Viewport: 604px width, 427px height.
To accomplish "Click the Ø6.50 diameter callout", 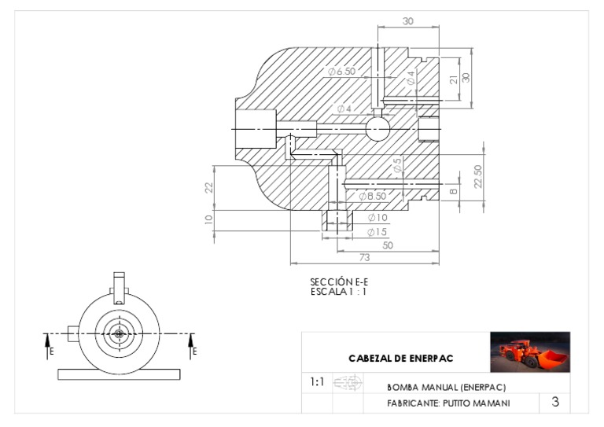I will coord(342,72).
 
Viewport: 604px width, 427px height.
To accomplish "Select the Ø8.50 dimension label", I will coord(372,196).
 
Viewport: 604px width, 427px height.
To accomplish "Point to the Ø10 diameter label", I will coord(377,217).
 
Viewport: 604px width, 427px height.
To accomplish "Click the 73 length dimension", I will coord(365,257).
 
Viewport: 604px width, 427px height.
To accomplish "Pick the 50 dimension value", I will coord(388,245).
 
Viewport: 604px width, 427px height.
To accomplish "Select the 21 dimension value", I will coord(454,79).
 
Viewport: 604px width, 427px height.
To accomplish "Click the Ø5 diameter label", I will coord(398,165).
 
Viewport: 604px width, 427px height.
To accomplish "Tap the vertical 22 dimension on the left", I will coord(209,187).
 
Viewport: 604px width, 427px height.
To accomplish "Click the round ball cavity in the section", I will coord(377,128).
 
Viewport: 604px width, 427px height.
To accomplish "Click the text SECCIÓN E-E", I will coord(338,282).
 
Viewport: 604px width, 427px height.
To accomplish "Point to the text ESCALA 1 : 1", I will coord(338,291).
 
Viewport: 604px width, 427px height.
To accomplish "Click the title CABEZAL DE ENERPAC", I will coord(400,359).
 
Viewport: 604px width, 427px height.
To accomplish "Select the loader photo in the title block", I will coord(529,352).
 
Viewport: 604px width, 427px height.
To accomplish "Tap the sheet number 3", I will coord(555,402).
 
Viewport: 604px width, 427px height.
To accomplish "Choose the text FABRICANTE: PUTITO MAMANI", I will coord(448,403).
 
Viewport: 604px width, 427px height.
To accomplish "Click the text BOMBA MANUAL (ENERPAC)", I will coord(446,387).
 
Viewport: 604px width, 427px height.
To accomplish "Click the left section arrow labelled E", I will coord(49,344).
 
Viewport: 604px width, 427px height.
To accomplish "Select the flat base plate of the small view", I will coord(119,374).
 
